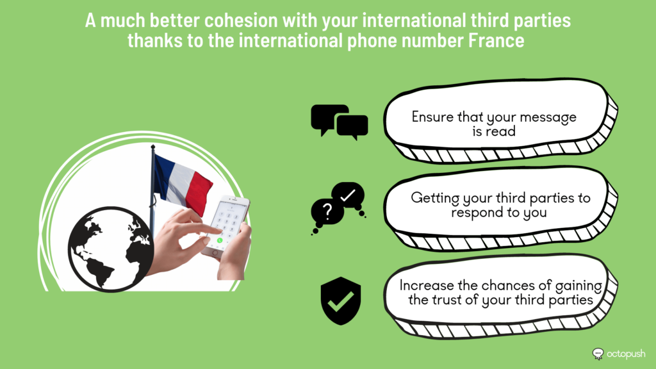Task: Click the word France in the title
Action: (x=496, y=40)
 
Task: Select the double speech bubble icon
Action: (x=340, y=122)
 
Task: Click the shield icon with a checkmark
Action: (x=341, y=301)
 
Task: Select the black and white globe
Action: (x=111, y=249)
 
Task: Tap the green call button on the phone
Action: (x=220, y=241)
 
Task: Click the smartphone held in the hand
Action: (x=226, y=227)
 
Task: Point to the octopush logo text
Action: (x=626, y=354)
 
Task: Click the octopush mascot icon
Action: (x=598, y=354)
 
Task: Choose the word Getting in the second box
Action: (x=435, y=199)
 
